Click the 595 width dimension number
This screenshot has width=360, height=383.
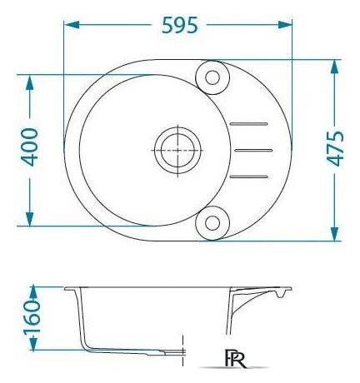(x=180, y=25)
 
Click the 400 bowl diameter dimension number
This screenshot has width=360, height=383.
(x=30, y=147)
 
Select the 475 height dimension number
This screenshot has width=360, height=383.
(x=335, y=148)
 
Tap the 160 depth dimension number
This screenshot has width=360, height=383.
(x=32, y=317)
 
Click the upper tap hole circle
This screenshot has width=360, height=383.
(x=212, y=77)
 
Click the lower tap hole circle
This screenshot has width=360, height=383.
(x=212, y=223)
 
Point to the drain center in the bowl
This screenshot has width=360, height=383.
(x=177, y=150)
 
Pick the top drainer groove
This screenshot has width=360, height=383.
(x=249, y=124)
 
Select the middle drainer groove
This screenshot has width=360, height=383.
(x=253, y=151)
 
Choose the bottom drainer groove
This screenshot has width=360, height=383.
(x=249, y=177)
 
